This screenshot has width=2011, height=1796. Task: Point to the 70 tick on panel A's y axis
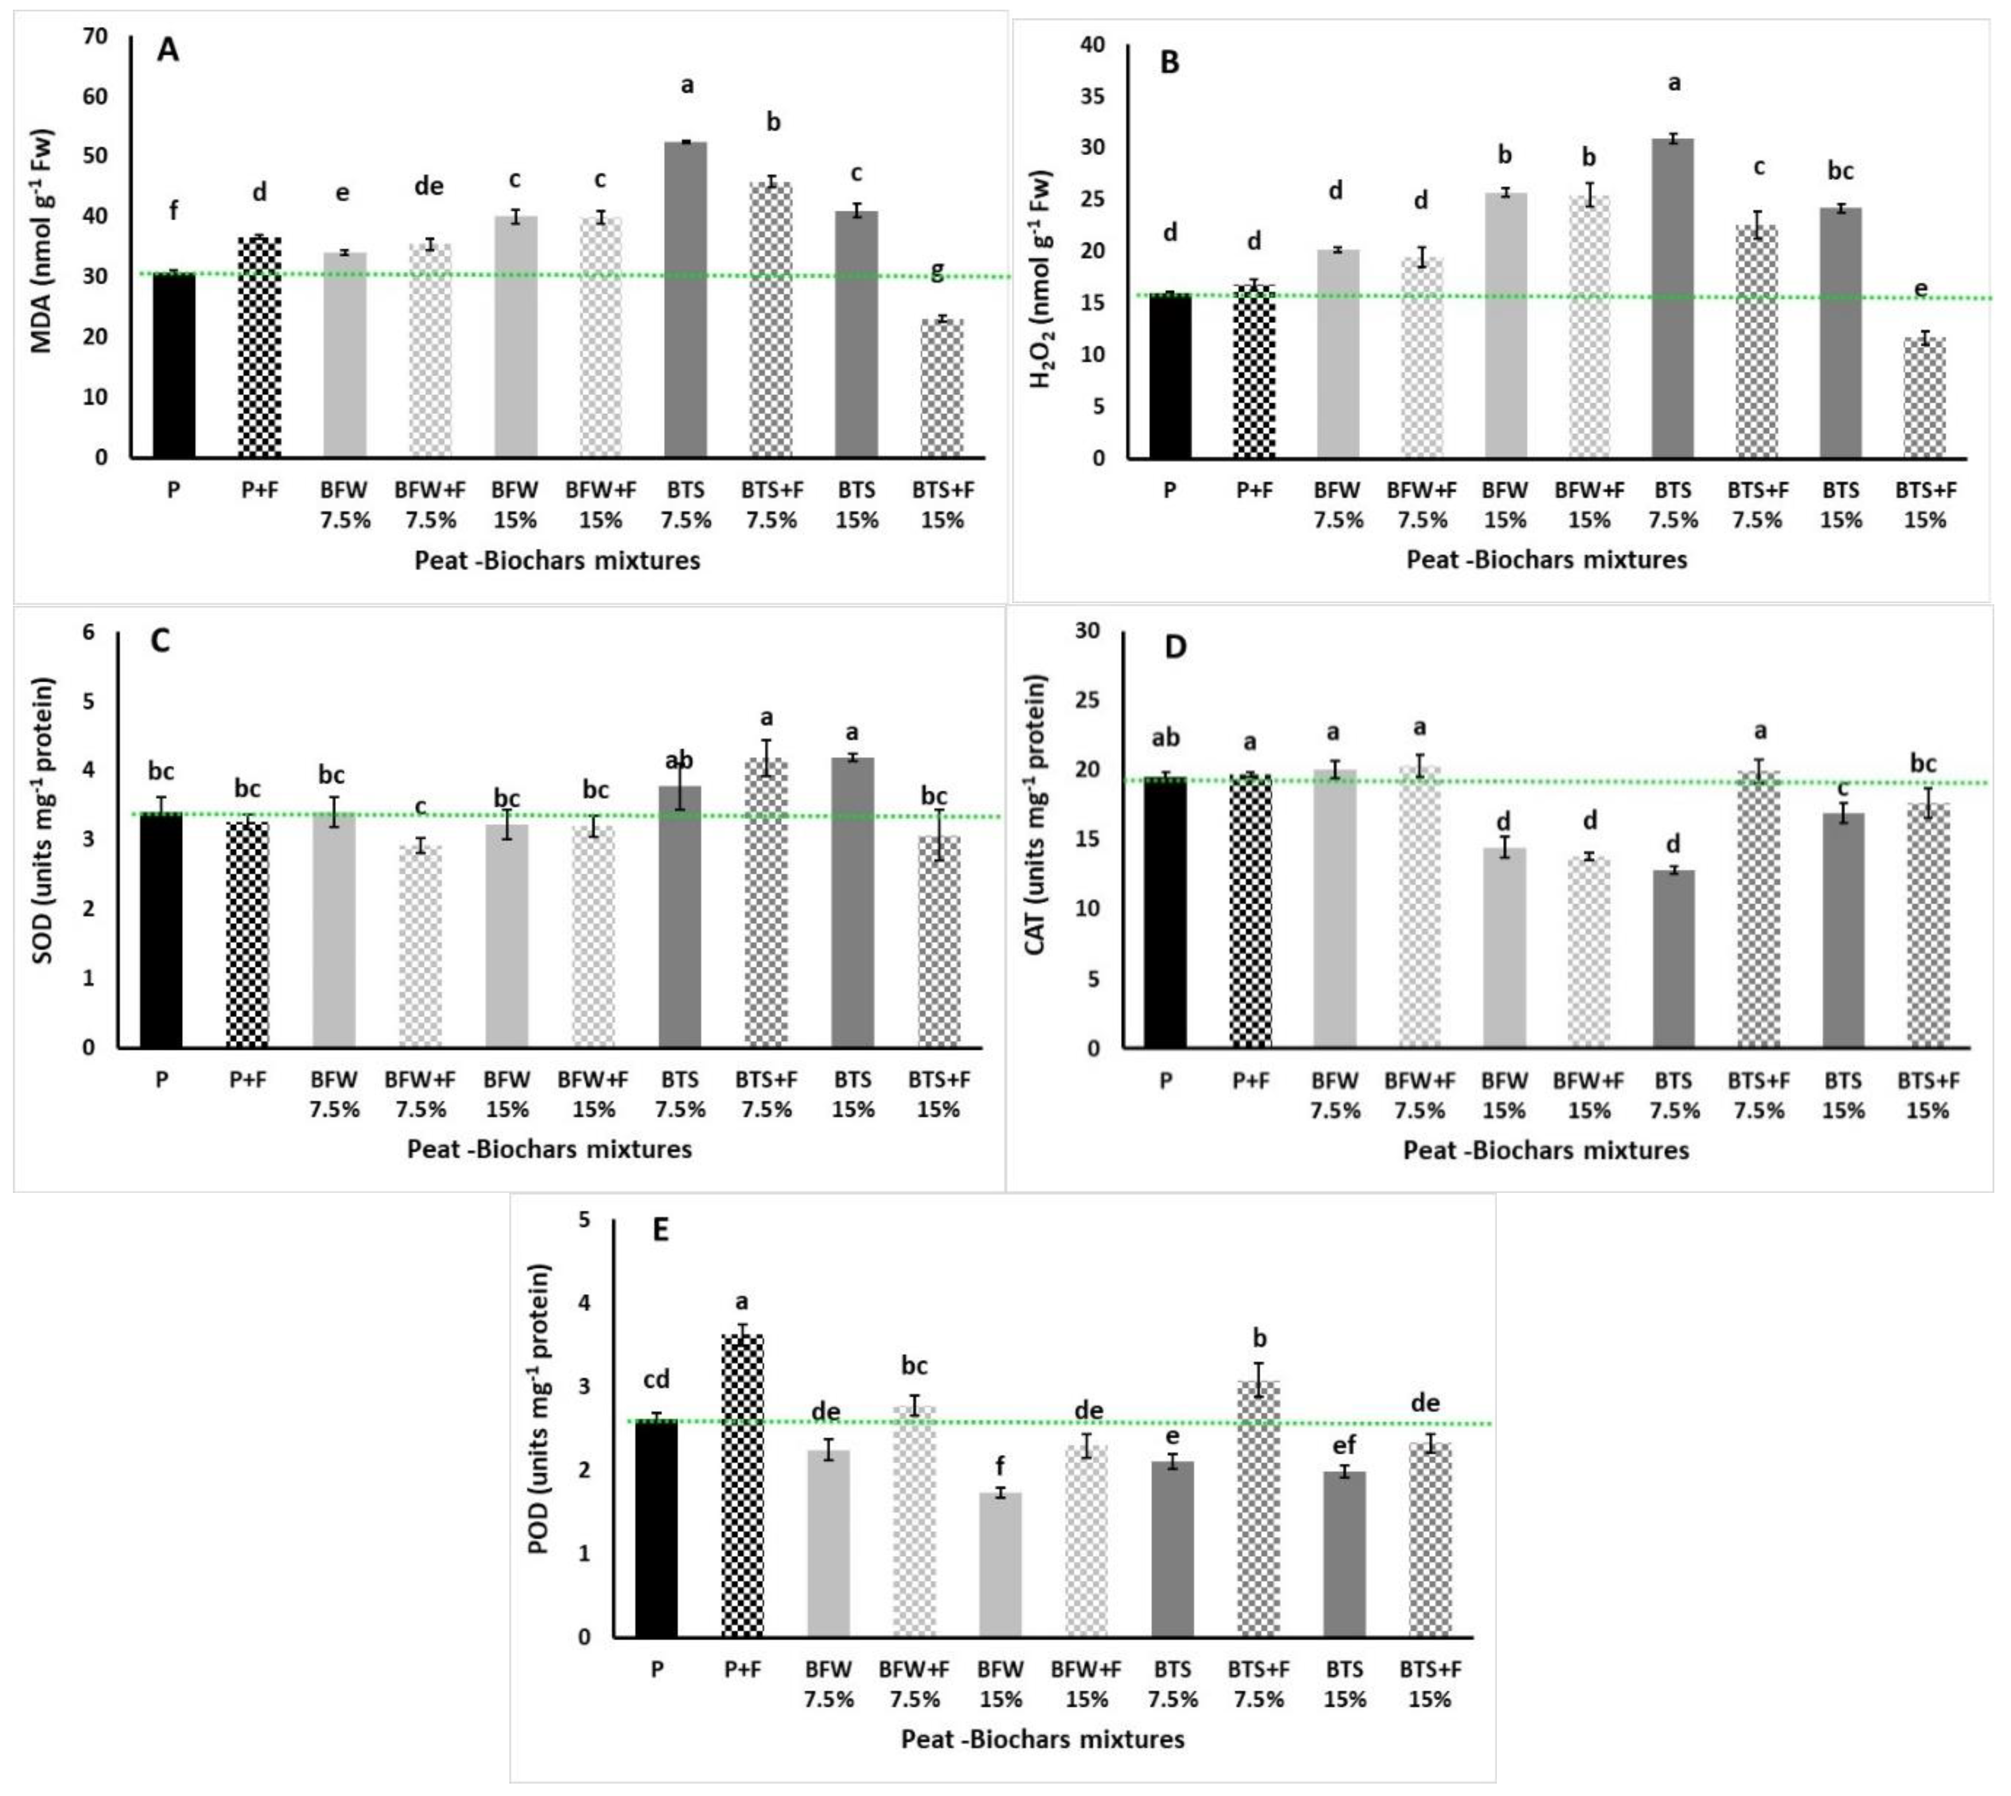(x=96, y=37)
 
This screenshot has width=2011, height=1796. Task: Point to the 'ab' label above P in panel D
(x=1165, y=738)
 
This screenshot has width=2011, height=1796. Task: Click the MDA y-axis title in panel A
(x=43, y=242)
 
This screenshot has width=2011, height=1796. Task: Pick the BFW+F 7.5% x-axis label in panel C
(x=422, y=1093)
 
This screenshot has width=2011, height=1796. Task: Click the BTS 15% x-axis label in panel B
(x=1840, y=504)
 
